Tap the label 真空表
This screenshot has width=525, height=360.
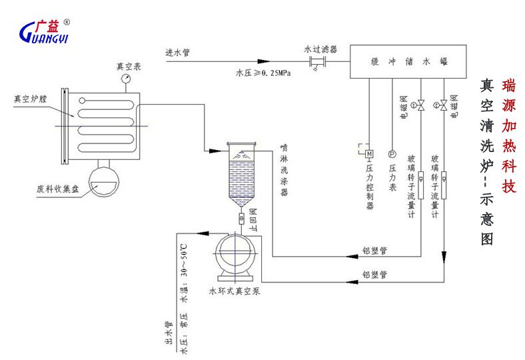coord(127,66)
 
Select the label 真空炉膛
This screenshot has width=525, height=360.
coord(31,99)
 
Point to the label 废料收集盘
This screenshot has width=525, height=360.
coord(57,189)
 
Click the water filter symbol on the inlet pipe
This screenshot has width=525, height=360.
coord(315,63)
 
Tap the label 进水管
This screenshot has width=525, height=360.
coord(178,52)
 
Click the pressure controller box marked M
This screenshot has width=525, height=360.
coord(368,155)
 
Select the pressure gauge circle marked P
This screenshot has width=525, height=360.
coord(392,155)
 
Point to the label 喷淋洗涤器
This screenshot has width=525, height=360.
coord(284,170)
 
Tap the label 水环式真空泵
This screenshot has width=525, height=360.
coord(233,291)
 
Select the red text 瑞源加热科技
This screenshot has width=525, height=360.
coord(508,135)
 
